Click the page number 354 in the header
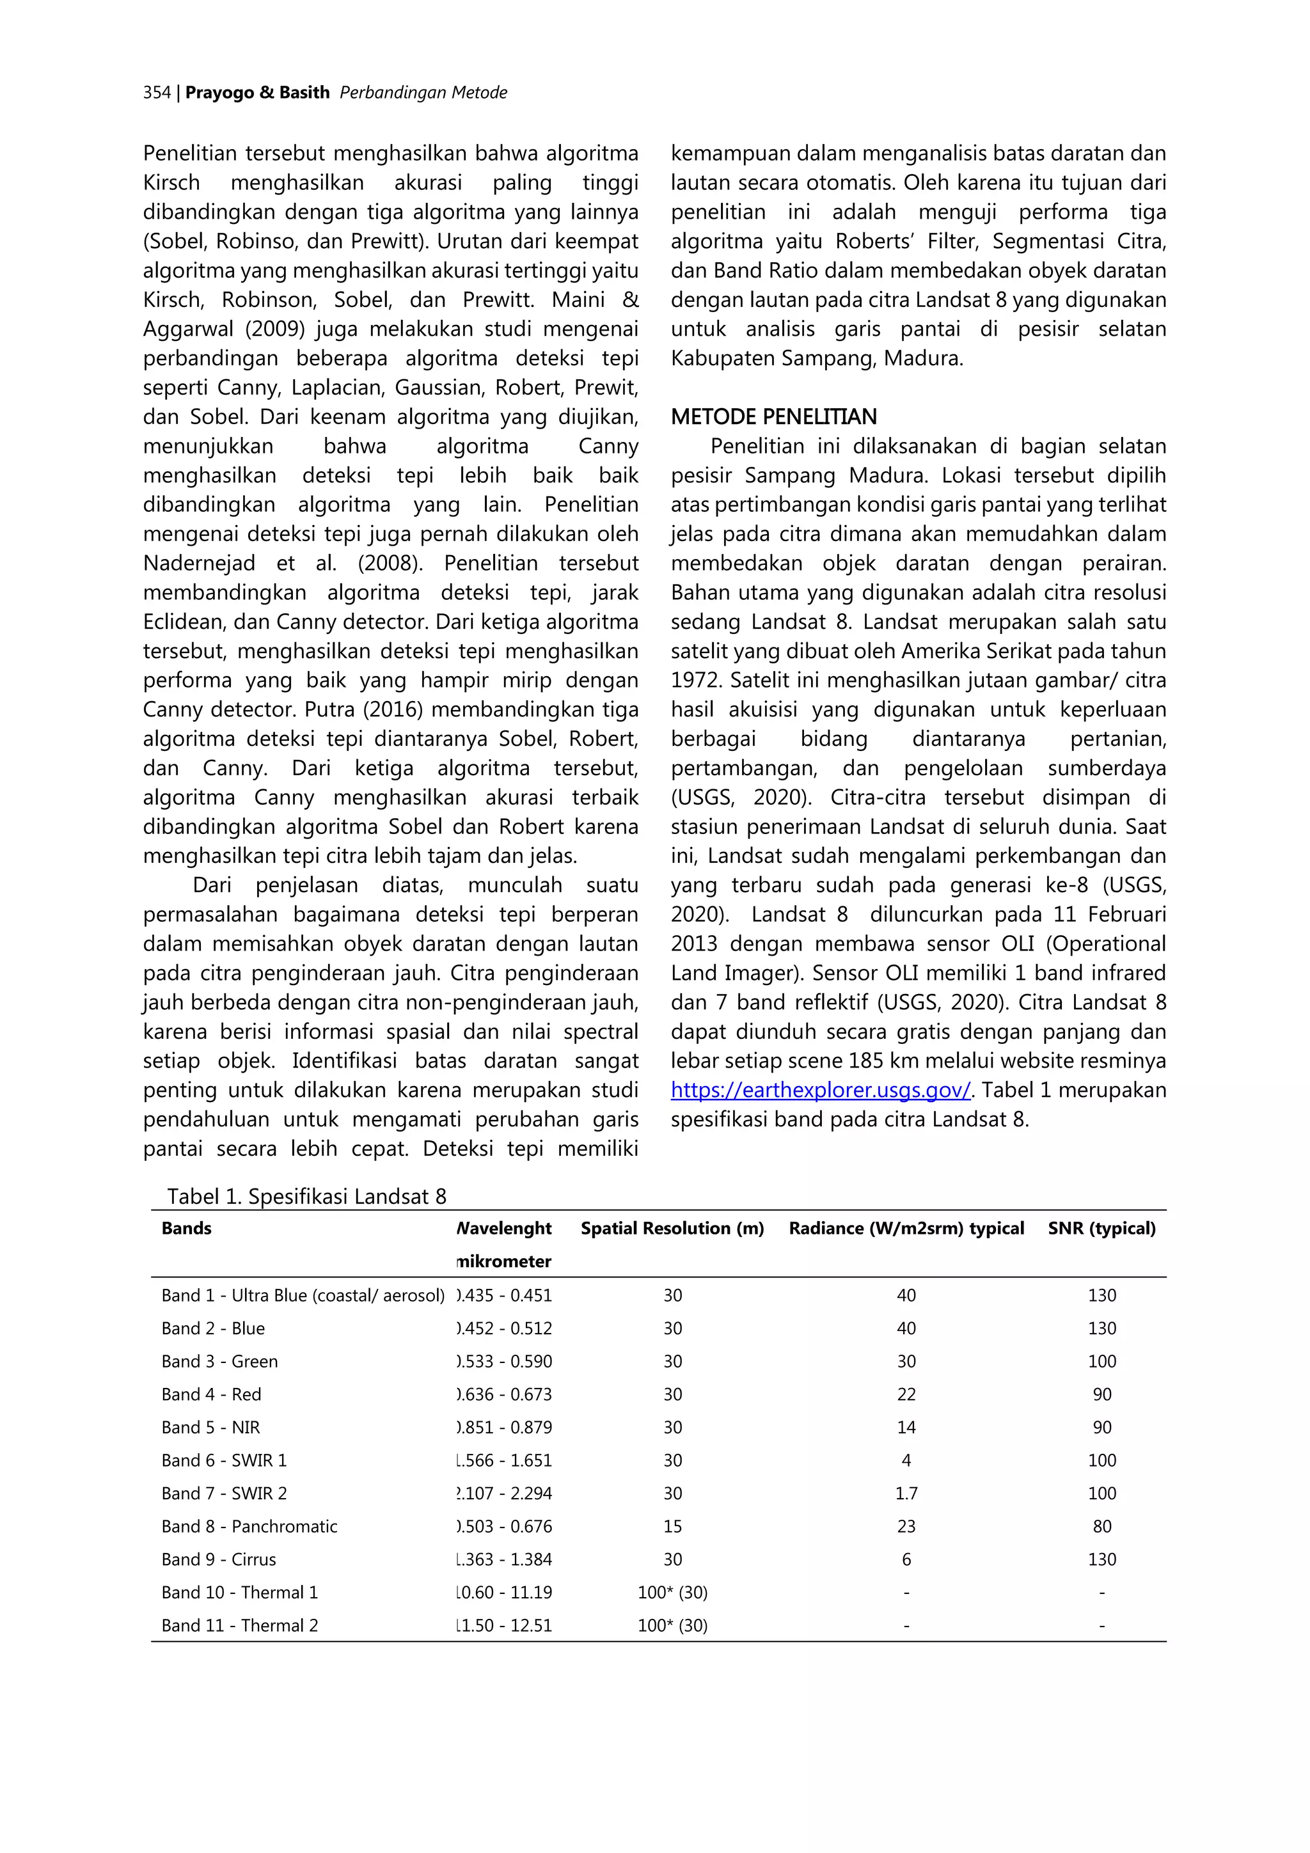pyautogui.click(x=157, y=93)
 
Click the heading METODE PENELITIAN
pyautogui.click(x=773, y=417)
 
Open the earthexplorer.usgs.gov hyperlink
pyautogui.click(x=820, y=1091)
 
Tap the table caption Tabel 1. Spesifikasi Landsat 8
pyautogui.click(x=307, y=1196)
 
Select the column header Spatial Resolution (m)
pyautogui.click(x=672, y=1228)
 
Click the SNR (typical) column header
pyautogui.click(x=1101, y=1228)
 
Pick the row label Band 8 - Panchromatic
pyautogui.click(x=249, y=1526)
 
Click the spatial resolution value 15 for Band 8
pyautogui.click(x=672, y=1526)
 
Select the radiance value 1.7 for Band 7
pyautogui.click(x=906, y=1493)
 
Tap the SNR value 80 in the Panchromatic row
pyautogui.click(x=1101, y=1526)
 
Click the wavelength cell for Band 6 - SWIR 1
pyautogui.click(x=505, y=1460)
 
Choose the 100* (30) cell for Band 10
pyautogui.click(x=672, y=1592)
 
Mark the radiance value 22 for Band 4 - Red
pyautogui.click(x=906, y=1394)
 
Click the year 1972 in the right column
pyautogui.click(x=697, y=681)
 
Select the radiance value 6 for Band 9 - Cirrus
pyautogui.click(x=906, y=1559)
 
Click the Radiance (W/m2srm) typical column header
pyautogui.click(x=906, y=1228)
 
